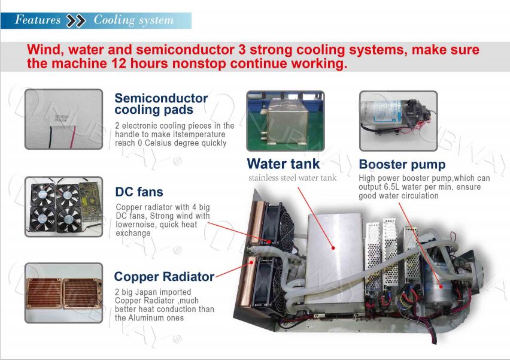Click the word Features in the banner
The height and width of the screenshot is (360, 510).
coord(38,20)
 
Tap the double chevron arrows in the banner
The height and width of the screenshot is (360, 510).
coord(76,20)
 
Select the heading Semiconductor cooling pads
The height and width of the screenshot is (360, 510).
coord(161,104)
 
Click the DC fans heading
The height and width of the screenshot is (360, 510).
coord(139,192)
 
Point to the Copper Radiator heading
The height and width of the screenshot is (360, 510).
coord(164,277)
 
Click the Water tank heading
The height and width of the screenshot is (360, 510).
coord(283,164)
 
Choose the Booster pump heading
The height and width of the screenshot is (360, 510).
coord(402,165)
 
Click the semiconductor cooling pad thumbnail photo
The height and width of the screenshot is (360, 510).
coord(63,119)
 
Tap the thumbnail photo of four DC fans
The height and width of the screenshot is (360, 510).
coord(63,207)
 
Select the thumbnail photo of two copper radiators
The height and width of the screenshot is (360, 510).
coord(63,293)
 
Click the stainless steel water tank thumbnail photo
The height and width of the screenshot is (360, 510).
coord(286,121)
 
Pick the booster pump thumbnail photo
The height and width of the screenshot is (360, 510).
coord(399,121)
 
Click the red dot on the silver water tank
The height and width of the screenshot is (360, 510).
coord(333,248)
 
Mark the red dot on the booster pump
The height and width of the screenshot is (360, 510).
coord(441,287)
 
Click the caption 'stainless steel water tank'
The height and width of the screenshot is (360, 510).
coord(292,178)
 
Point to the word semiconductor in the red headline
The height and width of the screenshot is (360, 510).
coord(185,50)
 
